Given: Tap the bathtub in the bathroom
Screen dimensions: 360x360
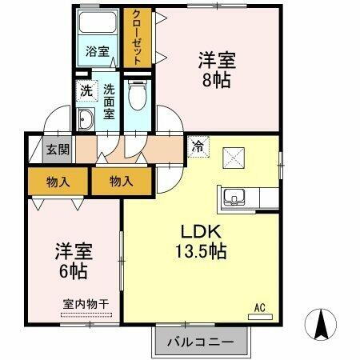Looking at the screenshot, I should coord(99,25).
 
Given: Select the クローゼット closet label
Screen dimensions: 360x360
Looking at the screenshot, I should coord(137,38).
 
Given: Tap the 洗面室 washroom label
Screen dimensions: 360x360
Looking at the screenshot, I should coord(108,102).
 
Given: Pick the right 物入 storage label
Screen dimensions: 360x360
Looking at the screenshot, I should coord(120,182).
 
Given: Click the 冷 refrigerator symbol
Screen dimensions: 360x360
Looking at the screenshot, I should coord(197,146).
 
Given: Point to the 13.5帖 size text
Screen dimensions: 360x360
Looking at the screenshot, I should coord(199,251).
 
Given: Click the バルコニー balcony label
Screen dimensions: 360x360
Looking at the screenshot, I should coord(200,342).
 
